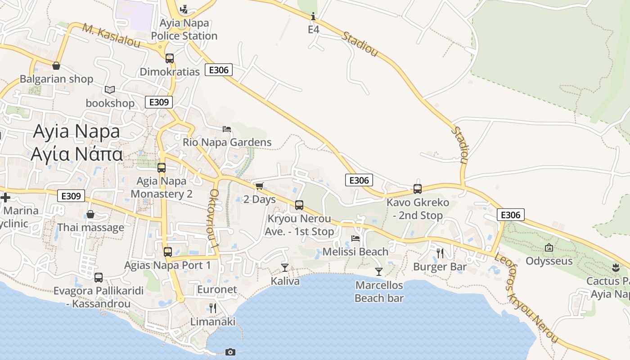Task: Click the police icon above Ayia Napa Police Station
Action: (x=184, y=9)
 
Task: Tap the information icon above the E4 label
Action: (x=313, y=17)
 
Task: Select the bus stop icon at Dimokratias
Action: (x=170, y=58)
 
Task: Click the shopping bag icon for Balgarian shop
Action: (x=56, y=66)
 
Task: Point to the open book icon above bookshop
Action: (x=110, y=90)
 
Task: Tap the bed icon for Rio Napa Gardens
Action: (x=227, y=129)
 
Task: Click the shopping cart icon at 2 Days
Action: (x=259, y=186)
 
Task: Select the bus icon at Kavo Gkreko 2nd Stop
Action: (x=418, y=189)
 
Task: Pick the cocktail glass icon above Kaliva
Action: (x=285, y=268)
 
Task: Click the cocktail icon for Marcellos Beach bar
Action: (x=379, y=271)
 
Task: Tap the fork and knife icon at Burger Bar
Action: (x=440, y=253)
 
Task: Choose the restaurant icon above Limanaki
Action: (x=213, y=308)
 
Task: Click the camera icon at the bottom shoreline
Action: (x=230, y=352)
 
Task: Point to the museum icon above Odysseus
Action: (x=549, y=247)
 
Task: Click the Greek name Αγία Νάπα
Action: (x=76, y=154)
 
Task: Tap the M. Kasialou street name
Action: (x=112, y=36)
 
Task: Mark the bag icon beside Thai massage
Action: (x=90, y=214)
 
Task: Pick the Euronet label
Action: (x=217, y=289)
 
